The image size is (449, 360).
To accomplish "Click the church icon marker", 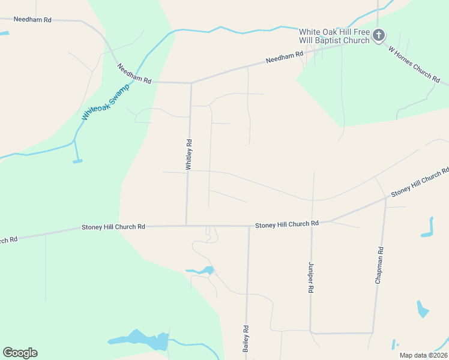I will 378,35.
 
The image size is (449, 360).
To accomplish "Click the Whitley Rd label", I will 189,155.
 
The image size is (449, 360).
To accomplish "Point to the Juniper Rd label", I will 311,277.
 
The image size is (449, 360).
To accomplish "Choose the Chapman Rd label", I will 379,265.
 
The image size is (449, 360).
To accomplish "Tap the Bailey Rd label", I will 246,338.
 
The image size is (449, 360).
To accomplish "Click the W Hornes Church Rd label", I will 415,65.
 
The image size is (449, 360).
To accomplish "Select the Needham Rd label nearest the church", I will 285,57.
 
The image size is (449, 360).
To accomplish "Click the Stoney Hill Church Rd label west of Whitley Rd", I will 113,227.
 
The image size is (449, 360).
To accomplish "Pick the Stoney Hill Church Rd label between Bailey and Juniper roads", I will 287,224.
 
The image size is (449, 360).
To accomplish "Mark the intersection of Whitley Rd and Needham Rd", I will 191,83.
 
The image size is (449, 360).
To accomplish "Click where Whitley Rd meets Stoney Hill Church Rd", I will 186,226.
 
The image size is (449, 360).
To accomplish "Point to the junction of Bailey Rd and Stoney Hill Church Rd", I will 249,226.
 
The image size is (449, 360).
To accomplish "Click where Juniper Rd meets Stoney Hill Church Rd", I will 312,224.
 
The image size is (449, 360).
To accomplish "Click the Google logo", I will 20,353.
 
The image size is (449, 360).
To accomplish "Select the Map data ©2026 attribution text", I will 423,355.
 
